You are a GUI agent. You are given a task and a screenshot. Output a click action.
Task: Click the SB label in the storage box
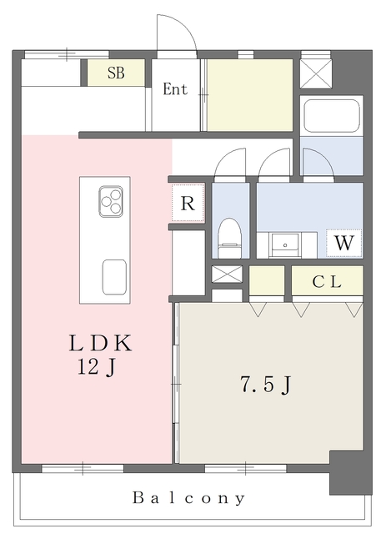click(116, 73)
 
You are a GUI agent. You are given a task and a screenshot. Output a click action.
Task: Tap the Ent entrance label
click(175, 89)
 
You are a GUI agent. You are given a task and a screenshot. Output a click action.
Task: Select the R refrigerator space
click(188, 203)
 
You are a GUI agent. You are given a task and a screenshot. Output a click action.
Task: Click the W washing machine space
click(343, 243)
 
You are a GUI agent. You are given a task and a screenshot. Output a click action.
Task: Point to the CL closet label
click(327, 281)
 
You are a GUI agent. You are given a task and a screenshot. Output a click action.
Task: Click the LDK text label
click(100, 343)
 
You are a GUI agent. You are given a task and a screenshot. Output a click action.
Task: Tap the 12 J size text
click(98, 367)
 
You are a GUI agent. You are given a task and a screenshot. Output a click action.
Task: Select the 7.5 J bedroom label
click(266, 385)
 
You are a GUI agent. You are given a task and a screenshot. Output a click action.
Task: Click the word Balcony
click(188, 498)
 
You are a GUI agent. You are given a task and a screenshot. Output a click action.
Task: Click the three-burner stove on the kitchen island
click(111, 201)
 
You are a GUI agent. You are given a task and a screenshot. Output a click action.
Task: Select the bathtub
click(331, 115)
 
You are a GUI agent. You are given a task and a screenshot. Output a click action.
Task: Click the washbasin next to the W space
click(285, 244)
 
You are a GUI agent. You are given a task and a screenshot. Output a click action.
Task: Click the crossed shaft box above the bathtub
click(316, 73)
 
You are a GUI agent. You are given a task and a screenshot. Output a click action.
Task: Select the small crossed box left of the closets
click(227, 275)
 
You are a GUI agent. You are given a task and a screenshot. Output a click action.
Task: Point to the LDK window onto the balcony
click(83, 468)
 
